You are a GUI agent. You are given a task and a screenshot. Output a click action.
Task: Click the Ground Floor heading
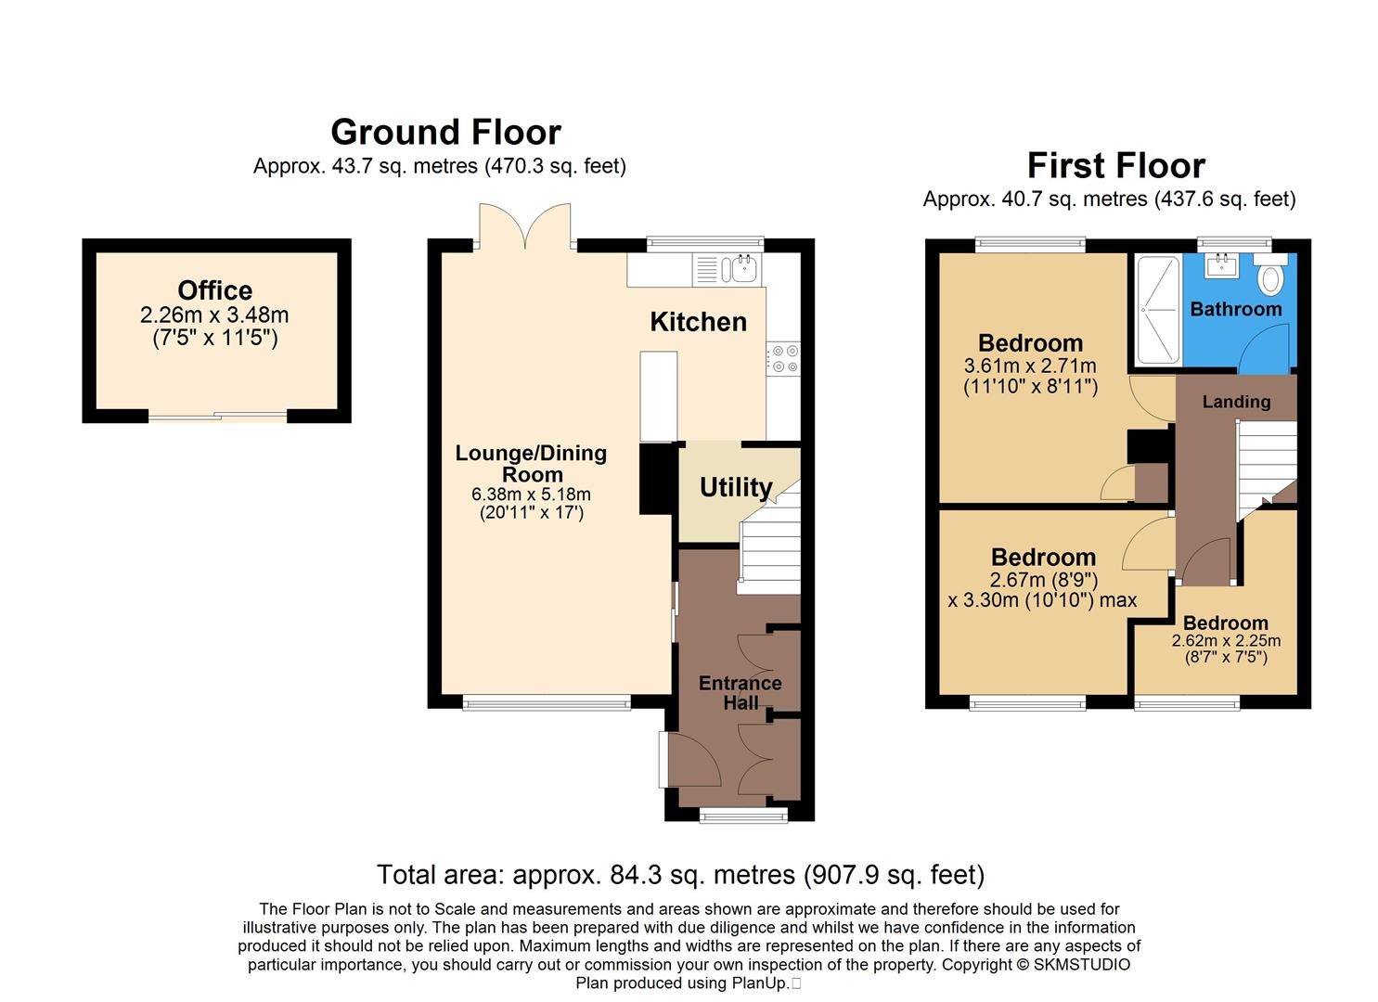pos(445,133)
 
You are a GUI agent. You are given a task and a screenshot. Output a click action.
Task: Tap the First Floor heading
pos(1115,166)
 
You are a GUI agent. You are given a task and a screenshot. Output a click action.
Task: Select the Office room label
pos(214,290)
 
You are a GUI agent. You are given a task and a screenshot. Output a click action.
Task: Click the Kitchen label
pos(698,322)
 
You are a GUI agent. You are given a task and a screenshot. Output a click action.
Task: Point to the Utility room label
pos(736,487)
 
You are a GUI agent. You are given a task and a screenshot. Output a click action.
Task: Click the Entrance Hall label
pos(740,693)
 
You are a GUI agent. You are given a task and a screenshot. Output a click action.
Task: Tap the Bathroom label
pos(1235,309)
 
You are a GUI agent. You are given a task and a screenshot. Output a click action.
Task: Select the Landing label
pos(1236,402)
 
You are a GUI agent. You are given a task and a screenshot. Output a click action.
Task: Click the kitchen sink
pos(744,269)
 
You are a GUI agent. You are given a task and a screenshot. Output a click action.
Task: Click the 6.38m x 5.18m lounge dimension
pos(531,495)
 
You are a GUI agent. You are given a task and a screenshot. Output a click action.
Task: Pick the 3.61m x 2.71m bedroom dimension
pos(1030,366)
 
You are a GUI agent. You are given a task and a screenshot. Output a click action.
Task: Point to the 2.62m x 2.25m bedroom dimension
pos(1226,641)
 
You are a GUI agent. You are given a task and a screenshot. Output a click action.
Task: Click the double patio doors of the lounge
pos(525,226)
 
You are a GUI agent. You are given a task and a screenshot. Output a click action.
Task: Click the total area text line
pos(680,875)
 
